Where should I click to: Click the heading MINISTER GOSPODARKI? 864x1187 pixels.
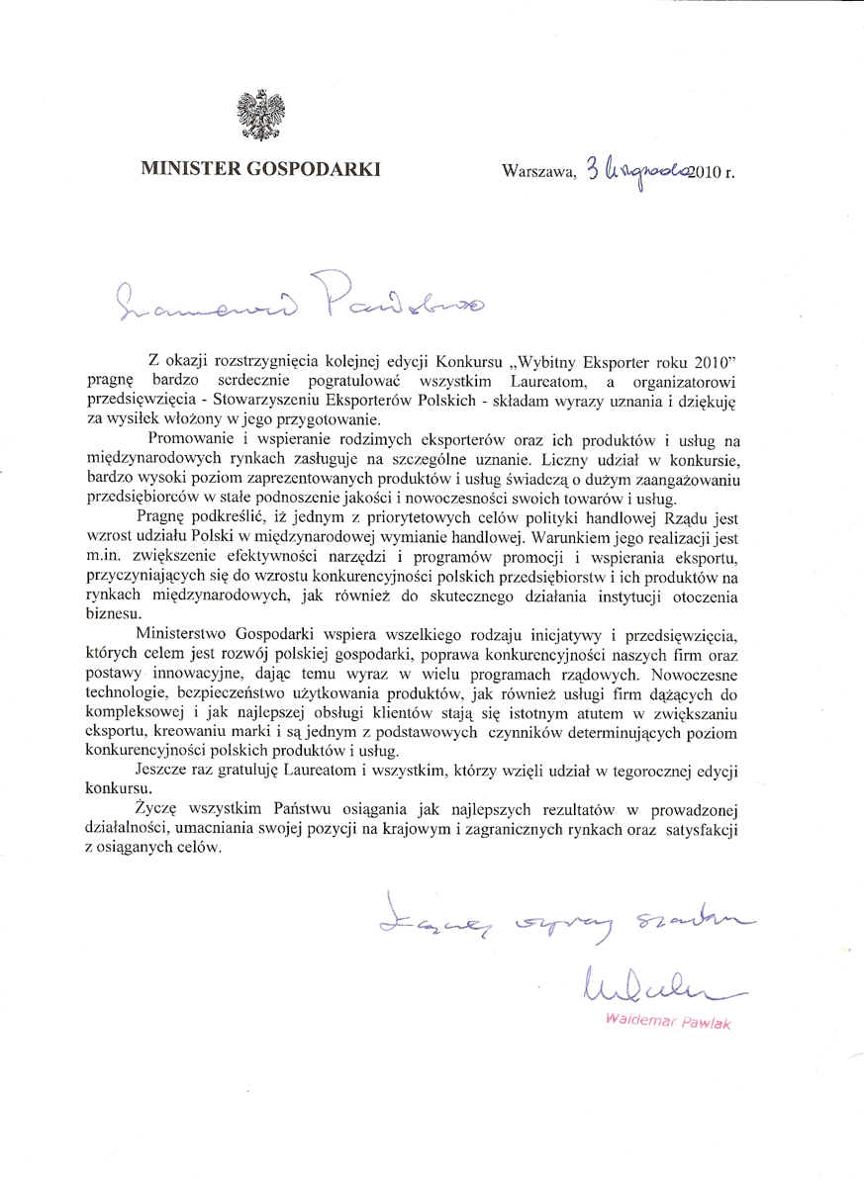[x=261, y=168]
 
